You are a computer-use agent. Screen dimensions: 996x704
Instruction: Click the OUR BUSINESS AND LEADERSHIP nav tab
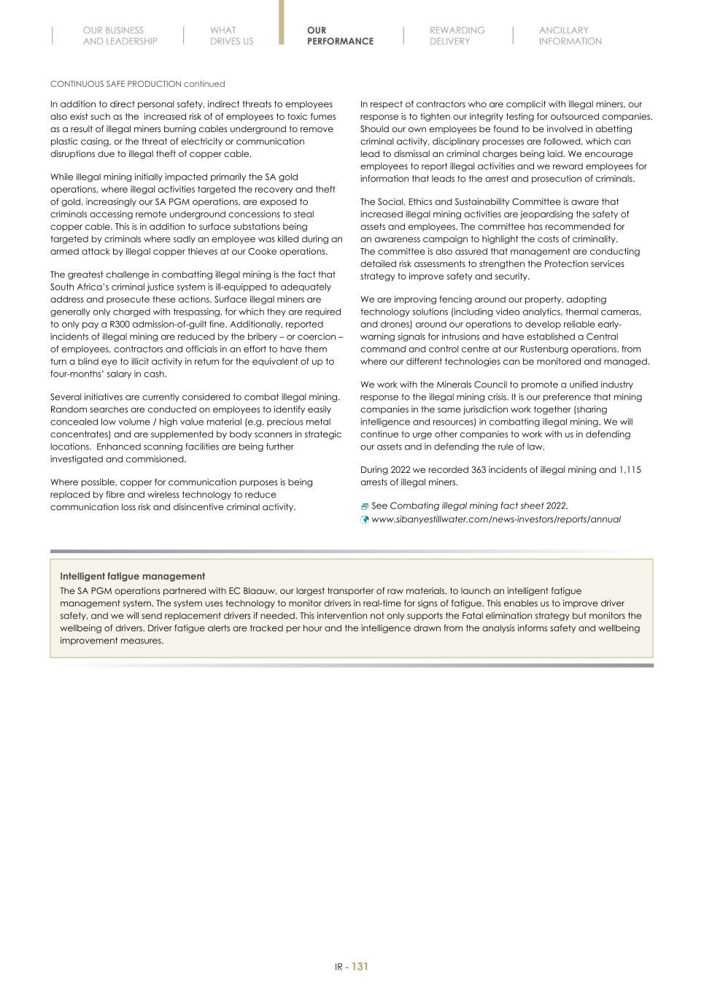(x=120, y=36)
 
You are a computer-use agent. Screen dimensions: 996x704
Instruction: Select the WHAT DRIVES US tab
(x=231, y=36)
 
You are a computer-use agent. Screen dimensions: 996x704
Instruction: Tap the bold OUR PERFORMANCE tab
(x=340, y=36)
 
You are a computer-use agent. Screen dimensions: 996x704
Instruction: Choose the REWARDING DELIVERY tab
(x=457, y=36)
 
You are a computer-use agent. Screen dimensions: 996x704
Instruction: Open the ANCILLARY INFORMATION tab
(x=570, y=36)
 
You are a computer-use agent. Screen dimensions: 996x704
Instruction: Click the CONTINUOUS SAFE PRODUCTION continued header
(x=137, y=84)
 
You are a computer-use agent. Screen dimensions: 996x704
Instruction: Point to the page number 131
(x=360, y=966)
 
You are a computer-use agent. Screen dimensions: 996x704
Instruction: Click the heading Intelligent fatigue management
(x=132, y=576)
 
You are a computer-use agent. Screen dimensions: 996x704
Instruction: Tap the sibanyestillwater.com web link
(x=496, y=520)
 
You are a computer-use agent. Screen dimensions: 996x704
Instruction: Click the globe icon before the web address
(x=365, y=520)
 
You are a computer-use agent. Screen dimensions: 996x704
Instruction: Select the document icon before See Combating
(x=365, y=506)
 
